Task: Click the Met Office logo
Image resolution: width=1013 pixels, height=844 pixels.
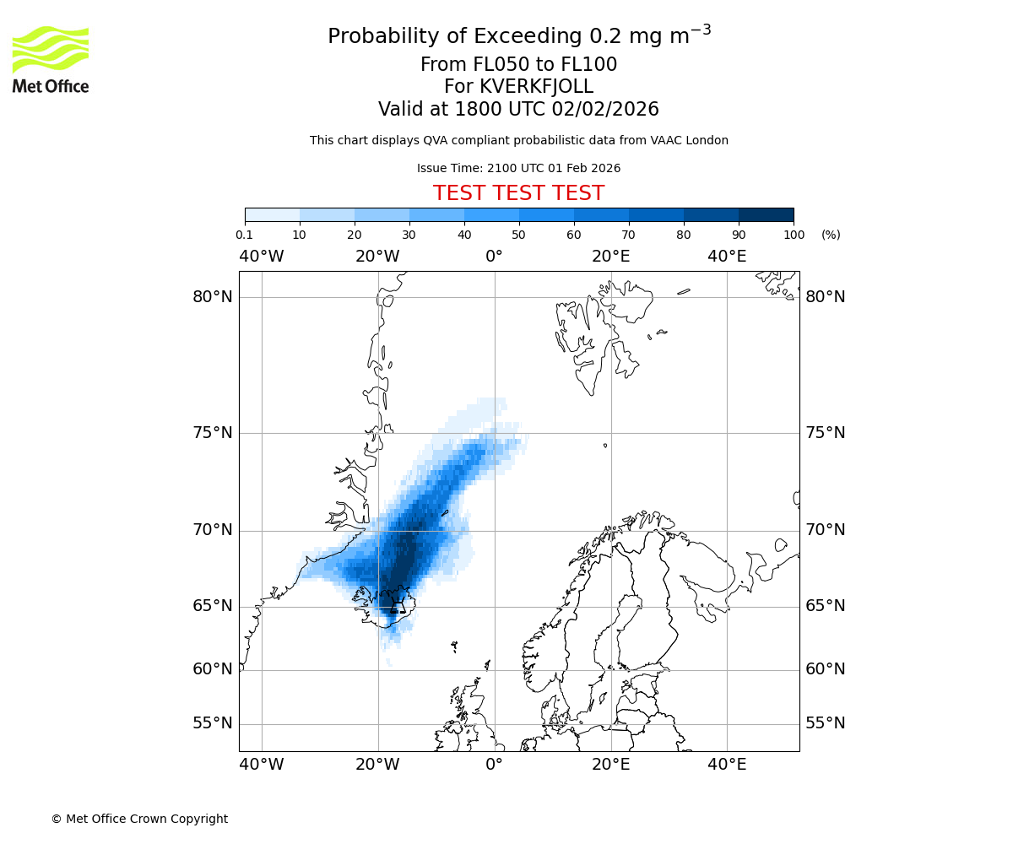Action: [x=51, y=59]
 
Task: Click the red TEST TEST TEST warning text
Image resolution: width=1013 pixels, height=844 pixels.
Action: [x=518, y=193]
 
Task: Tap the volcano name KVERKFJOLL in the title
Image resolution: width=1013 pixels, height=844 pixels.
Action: [x=536, y=87]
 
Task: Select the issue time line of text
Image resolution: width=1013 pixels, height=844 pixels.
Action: [x=518, y=168]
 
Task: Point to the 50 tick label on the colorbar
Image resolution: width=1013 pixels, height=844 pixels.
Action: [x=518, y=235]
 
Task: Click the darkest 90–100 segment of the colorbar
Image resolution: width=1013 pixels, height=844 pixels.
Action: [x=766, y=214]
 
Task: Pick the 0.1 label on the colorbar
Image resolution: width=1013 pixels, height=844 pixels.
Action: [x=244, y=235]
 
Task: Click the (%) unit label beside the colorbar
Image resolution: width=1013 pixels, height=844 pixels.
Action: [x=831, y=235]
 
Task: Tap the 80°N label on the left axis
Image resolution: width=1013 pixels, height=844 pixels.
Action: [x=212, y=297]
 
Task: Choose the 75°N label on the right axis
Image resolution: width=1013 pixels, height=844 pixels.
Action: [x=826, y=433]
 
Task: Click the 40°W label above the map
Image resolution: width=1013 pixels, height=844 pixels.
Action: [x=262, y=257]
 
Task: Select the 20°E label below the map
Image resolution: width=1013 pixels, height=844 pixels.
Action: [x=611, y=765]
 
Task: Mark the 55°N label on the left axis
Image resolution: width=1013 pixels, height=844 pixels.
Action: [x=212, y=723]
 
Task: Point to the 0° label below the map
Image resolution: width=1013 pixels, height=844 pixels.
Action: [x=495, y=765]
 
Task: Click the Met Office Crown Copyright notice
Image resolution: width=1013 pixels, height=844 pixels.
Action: [x=139, y=819]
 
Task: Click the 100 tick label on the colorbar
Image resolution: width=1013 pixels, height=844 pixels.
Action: [x=794, y=235]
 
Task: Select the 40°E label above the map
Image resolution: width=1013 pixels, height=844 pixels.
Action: [x=727, y=257]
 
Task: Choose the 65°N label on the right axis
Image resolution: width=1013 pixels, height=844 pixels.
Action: [x=826, y=606]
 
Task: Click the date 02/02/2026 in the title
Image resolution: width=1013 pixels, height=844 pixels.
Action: [x=605, y=109]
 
